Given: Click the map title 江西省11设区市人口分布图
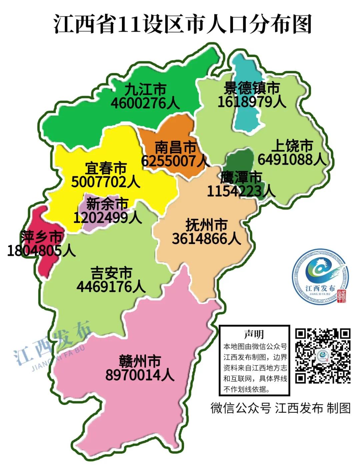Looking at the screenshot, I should [182, 24].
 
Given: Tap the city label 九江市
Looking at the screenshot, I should [145, 90].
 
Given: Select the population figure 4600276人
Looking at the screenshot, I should [145, 103].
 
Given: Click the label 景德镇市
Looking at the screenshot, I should [252, 88].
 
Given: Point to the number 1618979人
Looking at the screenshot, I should [252, 102].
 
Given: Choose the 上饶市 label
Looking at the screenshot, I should [292, 146].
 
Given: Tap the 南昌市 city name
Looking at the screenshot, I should [176, 147].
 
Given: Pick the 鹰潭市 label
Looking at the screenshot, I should [241, 177].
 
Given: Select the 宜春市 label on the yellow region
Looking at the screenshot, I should [106, 168].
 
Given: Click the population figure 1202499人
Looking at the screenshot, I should [107, 218].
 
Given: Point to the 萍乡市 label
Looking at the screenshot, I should [41, 237].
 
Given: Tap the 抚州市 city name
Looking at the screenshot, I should [206, 225].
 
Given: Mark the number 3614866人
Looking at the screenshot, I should [206, 239].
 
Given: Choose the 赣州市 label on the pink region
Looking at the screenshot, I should [140, 361].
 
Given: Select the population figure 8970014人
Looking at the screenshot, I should [140, 375].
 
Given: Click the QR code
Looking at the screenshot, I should [323, 356].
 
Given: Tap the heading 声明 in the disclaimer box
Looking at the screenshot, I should [254, 334].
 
